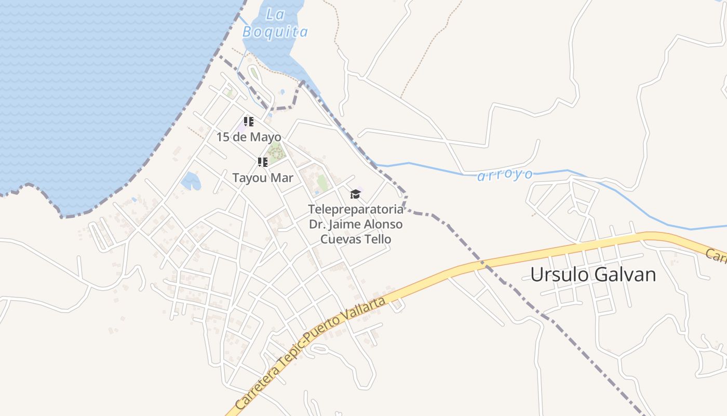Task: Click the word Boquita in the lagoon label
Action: click(275, 32)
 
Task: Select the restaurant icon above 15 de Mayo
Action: click(249, 122)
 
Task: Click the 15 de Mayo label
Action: click(249, 137)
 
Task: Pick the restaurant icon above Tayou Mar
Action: click(263, 162)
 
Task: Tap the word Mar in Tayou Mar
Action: click(282, 178)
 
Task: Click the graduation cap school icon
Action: click(355, 194)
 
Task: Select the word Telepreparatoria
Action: click(355, 210)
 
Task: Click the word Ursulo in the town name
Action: click(558, 275)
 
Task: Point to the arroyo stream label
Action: click(505, 175)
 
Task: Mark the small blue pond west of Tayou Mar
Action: click(191, 181)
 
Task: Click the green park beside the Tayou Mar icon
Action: click(276, 152)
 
